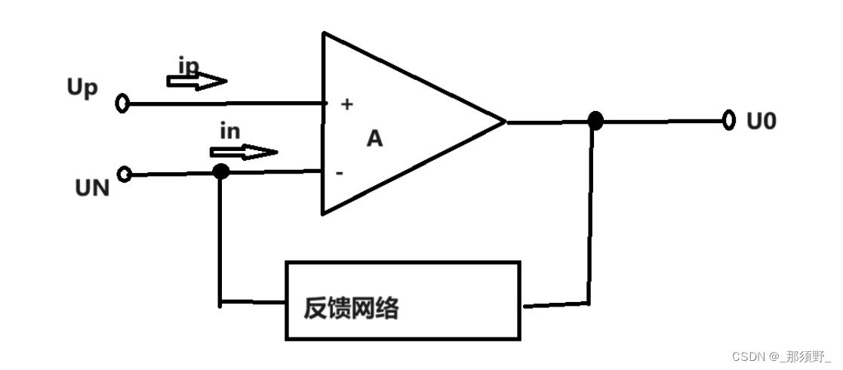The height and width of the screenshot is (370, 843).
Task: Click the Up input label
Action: tap(83, 88)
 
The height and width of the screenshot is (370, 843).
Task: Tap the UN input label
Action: tap(92, 187)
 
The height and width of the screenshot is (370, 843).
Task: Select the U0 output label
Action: tap(761, 120)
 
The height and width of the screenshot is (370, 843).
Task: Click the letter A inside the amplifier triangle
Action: tap(374, 139)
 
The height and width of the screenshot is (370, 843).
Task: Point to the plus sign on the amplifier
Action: tap(346, 105)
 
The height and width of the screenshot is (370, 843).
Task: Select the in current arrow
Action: tap(242, 152)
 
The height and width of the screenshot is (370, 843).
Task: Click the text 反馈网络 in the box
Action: tap(351, 308)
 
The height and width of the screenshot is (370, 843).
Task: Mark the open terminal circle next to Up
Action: tap(122, 103)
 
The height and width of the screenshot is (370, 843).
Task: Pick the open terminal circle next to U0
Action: tap(728, 120)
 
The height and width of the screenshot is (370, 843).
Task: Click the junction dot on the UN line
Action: tap(220, 171)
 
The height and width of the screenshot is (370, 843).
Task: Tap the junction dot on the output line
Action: tap(595, 120)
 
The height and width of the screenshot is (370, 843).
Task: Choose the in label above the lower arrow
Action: tap(229, 131)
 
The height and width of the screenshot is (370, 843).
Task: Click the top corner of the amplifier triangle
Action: tap(325, 34)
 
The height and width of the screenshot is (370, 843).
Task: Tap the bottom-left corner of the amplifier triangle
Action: tap(324, 213)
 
